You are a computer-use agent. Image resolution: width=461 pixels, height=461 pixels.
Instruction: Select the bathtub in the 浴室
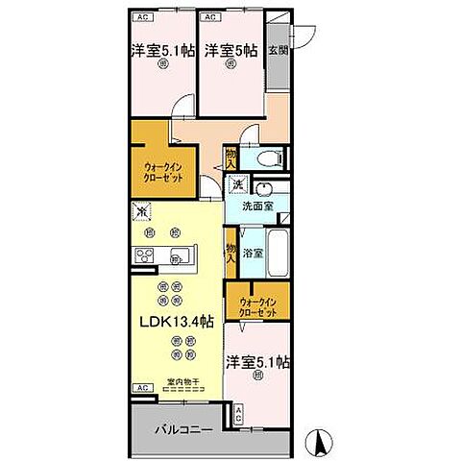(279, 252)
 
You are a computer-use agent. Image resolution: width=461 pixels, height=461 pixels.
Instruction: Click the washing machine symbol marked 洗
(236, 184)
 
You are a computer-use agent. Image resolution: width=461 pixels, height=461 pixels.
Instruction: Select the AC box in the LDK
(140, 388)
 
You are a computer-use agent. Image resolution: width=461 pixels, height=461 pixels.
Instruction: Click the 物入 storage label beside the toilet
(231, 158)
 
